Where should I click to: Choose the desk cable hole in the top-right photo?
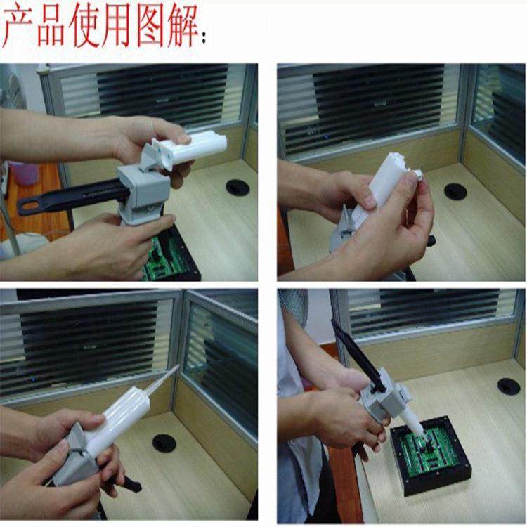[x=455, y=191]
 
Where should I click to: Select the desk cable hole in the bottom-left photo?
[x=164, y=443]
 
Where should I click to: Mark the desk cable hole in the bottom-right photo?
[x=508, y=386]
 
